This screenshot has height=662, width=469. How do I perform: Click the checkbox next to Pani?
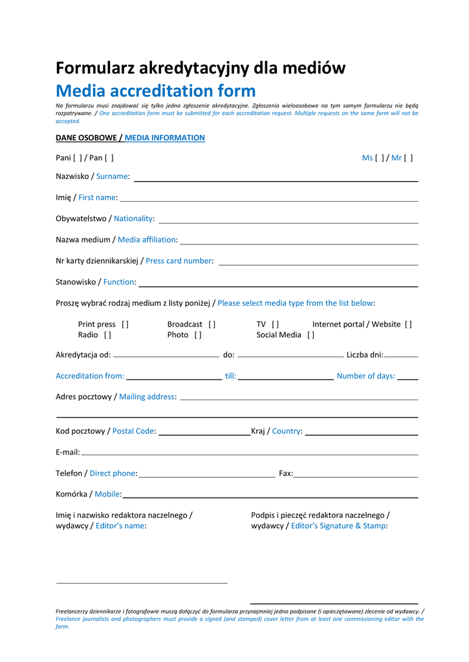click(78, 158)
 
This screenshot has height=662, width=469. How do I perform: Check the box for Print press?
click(125, 325)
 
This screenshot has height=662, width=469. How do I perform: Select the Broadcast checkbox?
click(212, 325)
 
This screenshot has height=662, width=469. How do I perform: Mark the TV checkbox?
click(276, 325)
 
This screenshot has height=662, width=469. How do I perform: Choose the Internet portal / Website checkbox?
click(408, 325)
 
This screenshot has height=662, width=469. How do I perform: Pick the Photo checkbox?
click(198, 335)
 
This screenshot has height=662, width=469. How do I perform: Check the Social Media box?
click(311, 335)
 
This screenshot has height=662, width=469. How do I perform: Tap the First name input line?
click(268, 200)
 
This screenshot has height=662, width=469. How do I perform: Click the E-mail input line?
click(249, 454)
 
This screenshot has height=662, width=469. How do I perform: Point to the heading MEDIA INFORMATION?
click(164, 138)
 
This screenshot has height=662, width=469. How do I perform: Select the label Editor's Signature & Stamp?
click(338, 526)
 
